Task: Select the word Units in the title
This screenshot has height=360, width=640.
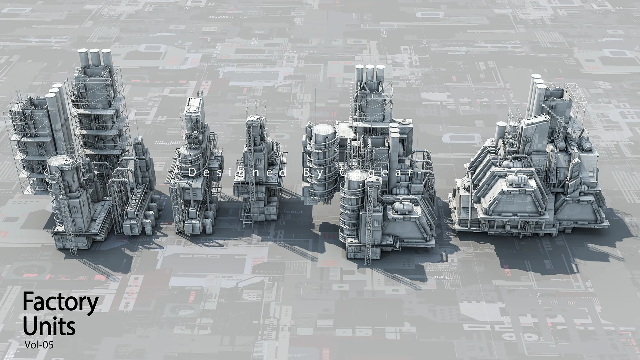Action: (x=49, y=326)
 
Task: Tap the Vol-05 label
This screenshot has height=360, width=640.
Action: (x=39, y=345)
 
